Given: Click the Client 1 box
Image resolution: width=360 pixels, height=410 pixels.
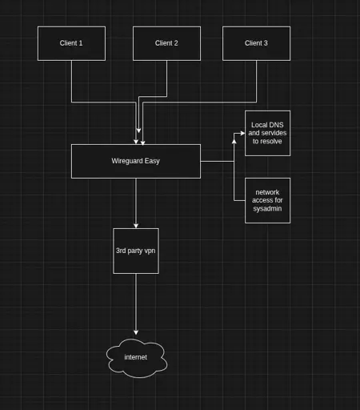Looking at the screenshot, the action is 71,43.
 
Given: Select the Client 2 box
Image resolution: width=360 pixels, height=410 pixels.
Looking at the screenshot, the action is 166,43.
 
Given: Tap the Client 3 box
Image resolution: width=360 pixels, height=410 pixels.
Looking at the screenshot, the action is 257,43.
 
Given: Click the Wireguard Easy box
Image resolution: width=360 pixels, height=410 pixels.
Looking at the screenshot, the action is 136,161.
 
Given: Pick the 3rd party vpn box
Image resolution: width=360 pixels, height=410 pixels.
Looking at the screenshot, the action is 136,251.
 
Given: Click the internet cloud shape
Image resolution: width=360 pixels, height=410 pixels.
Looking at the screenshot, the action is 137,358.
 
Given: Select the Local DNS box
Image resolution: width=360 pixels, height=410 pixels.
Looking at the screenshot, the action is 267,133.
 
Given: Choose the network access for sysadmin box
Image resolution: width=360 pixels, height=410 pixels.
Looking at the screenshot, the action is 267,200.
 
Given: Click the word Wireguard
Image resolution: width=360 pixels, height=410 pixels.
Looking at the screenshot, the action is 127,161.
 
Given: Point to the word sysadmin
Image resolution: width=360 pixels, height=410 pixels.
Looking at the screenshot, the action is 267,209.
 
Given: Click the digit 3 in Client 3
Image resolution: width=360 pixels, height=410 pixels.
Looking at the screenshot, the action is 266,43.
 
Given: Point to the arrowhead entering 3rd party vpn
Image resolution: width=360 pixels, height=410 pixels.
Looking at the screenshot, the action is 136,226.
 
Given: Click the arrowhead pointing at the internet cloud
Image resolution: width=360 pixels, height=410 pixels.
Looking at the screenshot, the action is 136,332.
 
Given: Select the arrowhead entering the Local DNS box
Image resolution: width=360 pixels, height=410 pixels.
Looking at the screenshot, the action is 242,133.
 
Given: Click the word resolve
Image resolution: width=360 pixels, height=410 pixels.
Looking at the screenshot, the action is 271,141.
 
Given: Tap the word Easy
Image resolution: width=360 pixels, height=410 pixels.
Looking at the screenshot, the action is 152,161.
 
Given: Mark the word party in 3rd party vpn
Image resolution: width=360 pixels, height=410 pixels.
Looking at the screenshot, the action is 135,251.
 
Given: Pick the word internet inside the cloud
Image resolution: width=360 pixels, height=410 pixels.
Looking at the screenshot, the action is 136,357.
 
